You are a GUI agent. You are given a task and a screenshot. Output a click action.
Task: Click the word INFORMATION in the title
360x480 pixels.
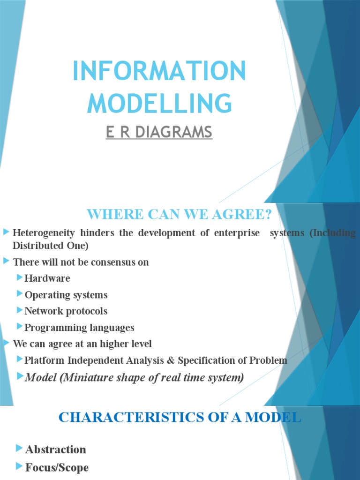coord(159,72)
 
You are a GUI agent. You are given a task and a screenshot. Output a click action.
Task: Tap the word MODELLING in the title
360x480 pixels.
coord(159,103)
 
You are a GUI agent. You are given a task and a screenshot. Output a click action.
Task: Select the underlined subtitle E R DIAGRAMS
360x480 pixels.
coord(159,133)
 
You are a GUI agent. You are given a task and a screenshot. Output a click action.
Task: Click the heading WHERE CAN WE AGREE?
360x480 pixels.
coord(180,215)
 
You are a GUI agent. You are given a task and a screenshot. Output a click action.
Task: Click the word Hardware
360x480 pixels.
coord(47,278)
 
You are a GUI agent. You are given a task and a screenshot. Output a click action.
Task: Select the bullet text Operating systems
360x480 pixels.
coord(66,295)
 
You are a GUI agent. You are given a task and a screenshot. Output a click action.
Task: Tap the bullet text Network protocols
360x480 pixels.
coord(66,311)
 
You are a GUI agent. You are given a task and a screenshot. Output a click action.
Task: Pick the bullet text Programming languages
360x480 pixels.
coord(79,328)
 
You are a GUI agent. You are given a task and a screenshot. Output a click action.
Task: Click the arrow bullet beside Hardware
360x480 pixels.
coord(19,278)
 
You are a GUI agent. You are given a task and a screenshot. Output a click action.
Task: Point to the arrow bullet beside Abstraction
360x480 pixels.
coord(19,449)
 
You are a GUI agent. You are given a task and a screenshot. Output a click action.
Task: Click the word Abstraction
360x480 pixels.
coord(56,450)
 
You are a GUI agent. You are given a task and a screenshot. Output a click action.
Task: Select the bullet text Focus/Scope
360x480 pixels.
coord(57,467)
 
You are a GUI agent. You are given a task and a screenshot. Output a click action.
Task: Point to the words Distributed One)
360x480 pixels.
coord(50,246)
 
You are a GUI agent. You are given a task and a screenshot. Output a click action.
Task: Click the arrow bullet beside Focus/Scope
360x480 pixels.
coord(19,467)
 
